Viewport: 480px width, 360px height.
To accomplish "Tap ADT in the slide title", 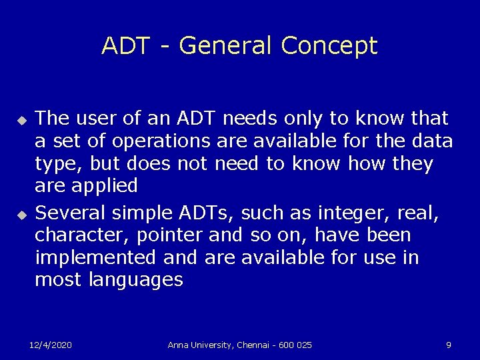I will click(127, 46).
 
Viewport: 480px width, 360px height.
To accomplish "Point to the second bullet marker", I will click(21, 215).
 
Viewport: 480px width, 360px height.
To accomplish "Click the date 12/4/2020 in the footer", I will click(51, 345).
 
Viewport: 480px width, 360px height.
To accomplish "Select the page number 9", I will click(449, 345).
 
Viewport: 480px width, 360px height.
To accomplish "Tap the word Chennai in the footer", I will click(255, 345).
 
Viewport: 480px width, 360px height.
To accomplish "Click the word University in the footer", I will click(212, 345).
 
